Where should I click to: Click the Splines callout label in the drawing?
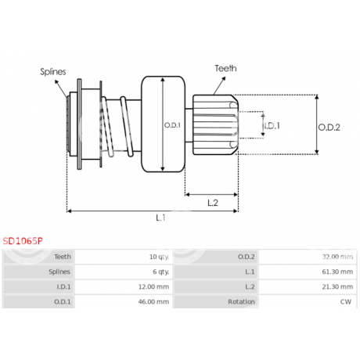pos(53,72)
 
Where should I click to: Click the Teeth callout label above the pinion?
pos(226,68)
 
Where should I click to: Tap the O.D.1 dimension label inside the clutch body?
pos(172,125)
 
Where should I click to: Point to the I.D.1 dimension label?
pos(272,126)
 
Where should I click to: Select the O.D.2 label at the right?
pos(329,128)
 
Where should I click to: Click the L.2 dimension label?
pos(213,203)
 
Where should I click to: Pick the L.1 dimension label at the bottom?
pos(160,218)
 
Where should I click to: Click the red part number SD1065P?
pos(23,241)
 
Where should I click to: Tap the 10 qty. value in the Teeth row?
pos(159,257)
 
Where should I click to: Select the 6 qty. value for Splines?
pos(161,272)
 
